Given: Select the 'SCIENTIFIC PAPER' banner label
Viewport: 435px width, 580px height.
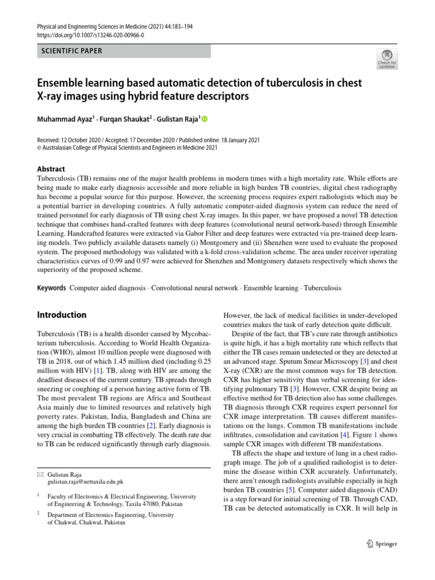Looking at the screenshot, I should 69,51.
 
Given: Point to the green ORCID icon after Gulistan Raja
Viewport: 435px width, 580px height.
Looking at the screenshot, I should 204,119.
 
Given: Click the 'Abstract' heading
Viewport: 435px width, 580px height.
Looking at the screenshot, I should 51,169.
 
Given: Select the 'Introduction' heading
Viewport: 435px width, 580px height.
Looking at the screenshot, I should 62,315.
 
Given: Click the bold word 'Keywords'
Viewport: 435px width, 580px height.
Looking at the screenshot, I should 52,288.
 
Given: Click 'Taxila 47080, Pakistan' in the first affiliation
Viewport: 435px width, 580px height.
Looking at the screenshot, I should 144,503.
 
